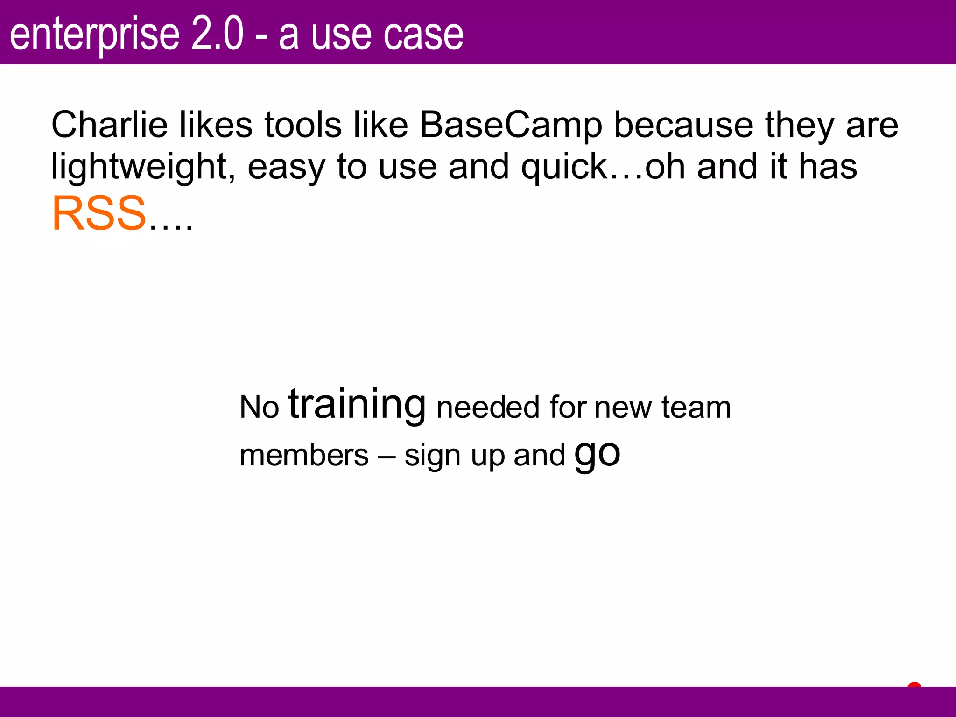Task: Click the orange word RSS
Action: point(99,214)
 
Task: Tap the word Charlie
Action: point(109,125)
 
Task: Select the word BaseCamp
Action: point(511,125)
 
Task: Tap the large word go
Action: point(597,454)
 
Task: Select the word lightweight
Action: point(139,167)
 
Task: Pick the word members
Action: point(304,455)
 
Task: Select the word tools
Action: point(303,125)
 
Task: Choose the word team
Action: point(696,407)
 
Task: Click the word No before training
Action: point(259,407)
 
